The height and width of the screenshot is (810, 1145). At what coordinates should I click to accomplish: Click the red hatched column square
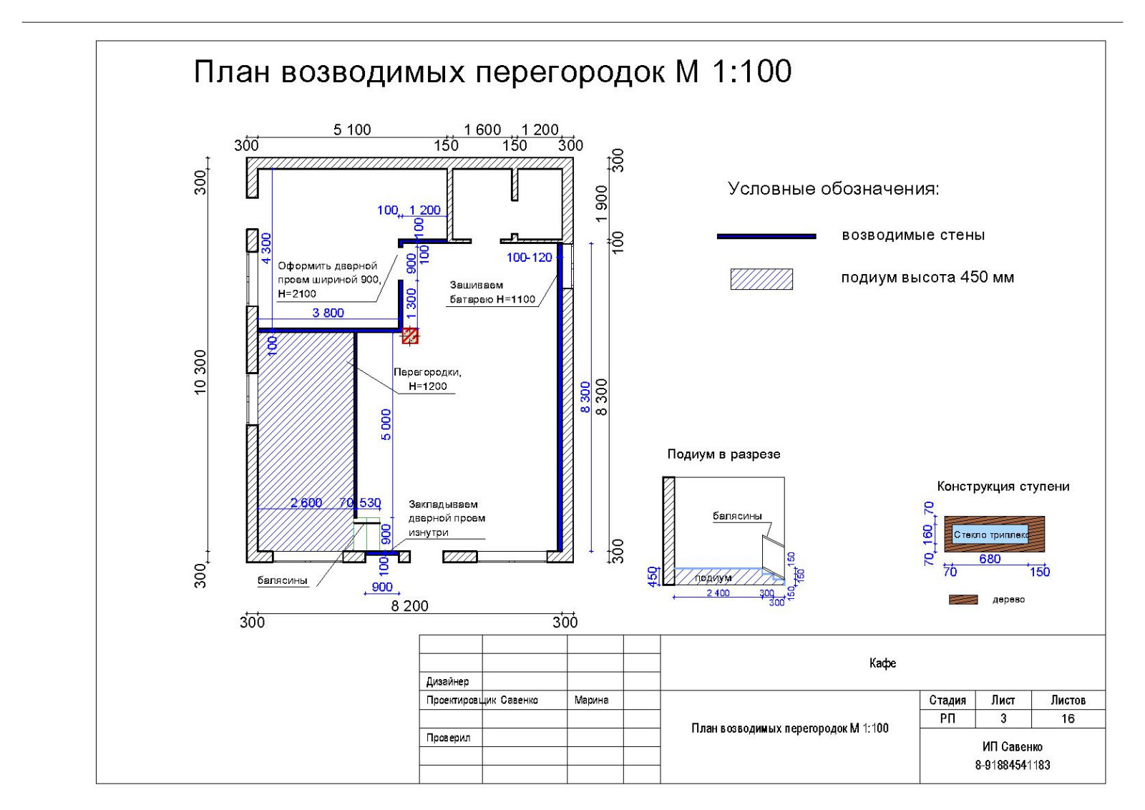(x=409, y=335)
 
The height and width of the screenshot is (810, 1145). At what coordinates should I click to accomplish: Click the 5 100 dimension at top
(x=352, y=130)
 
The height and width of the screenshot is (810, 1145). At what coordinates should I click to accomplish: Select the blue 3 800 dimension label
(x=328, y=313)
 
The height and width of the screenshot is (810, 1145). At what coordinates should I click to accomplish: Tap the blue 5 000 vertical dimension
(x=386, y=424)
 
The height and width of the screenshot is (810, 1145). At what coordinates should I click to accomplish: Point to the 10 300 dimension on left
(x=200, y=371)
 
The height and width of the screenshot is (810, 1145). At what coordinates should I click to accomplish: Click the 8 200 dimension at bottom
(x=409, y=606)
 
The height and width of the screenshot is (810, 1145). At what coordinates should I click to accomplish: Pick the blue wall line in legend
(x=766, y=236)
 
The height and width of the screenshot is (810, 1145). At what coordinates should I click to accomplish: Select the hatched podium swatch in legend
(x=761, y=279)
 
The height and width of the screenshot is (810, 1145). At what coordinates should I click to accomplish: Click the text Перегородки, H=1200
(x=427, y=379)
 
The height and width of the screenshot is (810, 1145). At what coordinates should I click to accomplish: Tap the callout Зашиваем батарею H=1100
(x=492, y=293)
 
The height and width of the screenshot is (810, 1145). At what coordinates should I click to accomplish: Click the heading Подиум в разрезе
(x=723, y=454)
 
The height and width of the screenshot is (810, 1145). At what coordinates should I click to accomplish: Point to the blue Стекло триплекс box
(x=990, y=535)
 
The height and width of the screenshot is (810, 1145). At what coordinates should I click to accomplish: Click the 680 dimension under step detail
(x=990, y=559)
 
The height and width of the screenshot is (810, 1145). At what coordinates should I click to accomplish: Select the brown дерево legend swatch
(x=963, y=600)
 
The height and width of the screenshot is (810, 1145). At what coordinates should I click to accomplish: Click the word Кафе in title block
(x=882, y=663)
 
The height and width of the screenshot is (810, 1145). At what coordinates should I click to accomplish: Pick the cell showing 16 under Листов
(x=1068, y=718)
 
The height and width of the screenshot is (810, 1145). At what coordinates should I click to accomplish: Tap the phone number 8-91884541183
(x=1012, y=765)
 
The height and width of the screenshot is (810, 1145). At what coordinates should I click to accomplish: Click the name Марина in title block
(x=591, y=700)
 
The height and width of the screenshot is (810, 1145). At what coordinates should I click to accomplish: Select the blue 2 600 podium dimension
(x=306, y=503)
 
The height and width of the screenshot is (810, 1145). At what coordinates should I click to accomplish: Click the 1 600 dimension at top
(x=482, y=130)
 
